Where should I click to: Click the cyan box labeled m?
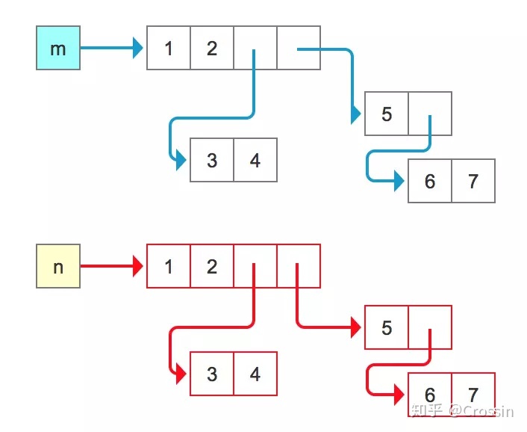58,49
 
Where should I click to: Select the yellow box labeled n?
58,266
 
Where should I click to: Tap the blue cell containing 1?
169,49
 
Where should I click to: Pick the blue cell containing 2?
212,49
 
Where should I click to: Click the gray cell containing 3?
212,160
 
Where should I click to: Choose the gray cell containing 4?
255,160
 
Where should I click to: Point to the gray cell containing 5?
387,114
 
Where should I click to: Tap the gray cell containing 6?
430,181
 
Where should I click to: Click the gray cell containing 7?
473,181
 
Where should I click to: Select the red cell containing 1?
169,266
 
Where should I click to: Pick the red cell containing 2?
212,266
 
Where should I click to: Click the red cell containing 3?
212,374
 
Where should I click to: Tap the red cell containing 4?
255,374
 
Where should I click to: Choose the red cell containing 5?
387,327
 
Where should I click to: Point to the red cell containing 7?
473,395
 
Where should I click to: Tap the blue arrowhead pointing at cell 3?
180,160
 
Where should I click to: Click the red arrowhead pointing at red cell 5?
355,327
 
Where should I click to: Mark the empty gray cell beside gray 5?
430,114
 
